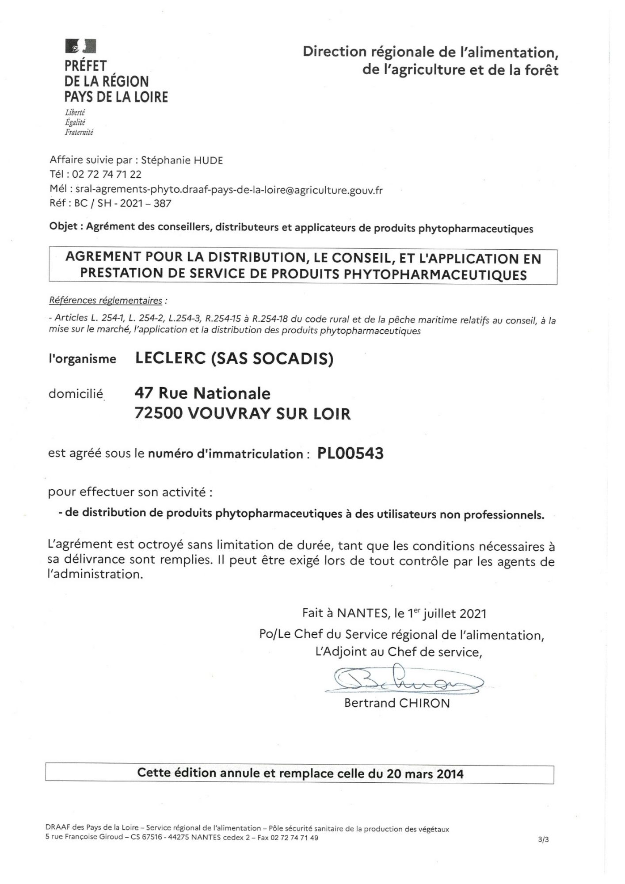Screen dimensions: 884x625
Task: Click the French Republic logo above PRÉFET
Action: [80, 46]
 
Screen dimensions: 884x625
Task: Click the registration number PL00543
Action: [350, 453]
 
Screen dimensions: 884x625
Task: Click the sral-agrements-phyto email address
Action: [229, 190]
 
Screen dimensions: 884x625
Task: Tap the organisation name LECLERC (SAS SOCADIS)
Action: [234, 358]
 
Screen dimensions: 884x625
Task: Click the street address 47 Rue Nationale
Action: [202, 393]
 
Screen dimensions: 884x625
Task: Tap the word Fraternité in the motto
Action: [79, 132]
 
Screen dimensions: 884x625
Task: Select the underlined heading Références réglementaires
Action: [106, 301]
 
